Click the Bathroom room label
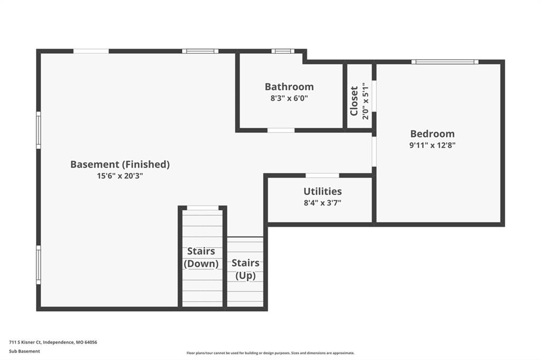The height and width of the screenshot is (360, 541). (x=289, y=87)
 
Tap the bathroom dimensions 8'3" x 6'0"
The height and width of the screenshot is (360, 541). (x=289, y=98)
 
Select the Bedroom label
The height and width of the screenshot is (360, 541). (x=432, y=134)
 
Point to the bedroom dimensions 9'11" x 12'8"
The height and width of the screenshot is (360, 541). (x=432, y=145)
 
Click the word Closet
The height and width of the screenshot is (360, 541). (x=354, y=101)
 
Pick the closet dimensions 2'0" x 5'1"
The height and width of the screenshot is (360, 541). (x=366, y=101)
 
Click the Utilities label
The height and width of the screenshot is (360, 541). (x=323, y=192)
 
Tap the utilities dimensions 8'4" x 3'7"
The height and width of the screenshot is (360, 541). (x=323, y=203)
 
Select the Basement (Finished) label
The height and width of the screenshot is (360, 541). (x=120, y=165)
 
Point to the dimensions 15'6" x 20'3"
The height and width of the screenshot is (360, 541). (x=120, y=176)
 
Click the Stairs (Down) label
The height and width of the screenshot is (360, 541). (x=201, y=257)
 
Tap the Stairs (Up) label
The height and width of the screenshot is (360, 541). (x=245, y=269)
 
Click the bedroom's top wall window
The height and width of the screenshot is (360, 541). (x=445, y=62)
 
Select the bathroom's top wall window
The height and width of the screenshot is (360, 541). (x=283, y=51)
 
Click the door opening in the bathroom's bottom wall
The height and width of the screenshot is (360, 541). (x=281, y=130)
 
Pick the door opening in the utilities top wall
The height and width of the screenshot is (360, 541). (x=322, y=176)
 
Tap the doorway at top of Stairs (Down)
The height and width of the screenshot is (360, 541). (x=202, y=208)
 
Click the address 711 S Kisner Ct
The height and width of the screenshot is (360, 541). (x=25, y=343)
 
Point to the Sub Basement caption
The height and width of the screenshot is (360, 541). (x=24, y=352)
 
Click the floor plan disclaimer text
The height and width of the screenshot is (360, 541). (x=270, y=353)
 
